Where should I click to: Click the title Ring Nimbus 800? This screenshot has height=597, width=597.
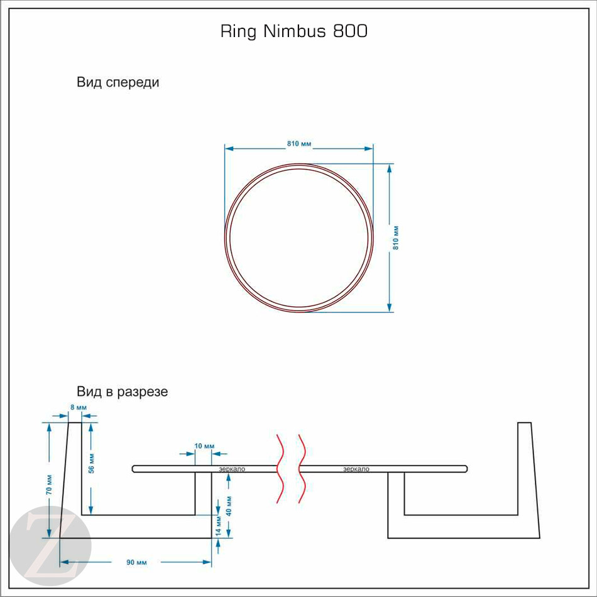pos(293,31)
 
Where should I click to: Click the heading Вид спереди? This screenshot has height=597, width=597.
pos(118,82)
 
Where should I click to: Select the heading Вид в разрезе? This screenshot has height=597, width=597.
pos(123,392)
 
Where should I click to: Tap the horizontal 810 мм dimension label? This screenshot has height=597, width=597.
pos(299,144)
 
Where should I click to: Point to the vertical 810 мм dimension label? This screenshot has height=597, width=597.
pos(396,238)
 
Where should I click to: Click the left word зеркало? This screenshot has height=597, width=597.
pos(232,469)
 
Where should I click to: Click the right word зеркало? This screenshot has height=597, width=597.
pos(356,469)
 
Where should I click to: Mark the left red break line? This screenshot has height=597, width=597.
pos(280,468)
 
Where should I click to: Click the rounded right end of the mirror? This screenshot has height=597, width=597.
pos(465,468)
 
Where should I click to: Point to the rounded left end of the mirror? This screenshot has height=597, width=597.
pos(134,468)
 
